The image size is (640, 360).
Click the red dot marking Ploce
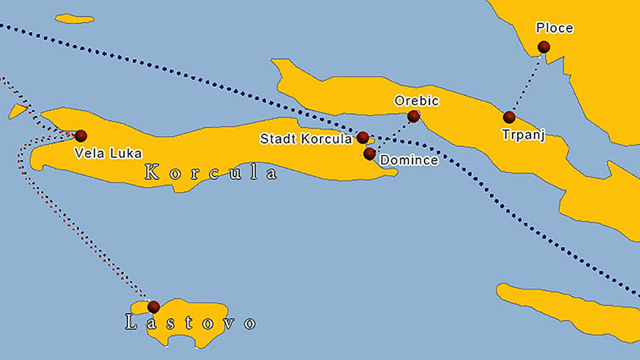coord(544,47)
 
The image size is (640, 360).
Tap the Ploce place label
coord(555,28)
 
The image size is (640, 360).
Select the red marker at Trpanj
coord(509,117)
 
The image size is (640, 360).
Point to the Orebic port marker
coord(413,116)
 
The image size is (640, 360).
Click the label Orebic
coord(417,101)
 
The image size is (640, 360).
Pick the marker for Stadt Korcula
coord(362,137)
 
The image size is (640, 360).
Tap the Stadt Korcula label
coord(306,139)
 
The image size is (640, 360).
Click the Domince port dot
coord(369,153)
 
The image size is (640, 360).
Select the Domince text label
coord(409,161)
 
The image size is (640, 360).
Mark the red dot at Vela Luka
coord(81,135)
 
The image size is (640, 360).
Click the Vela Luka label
coord(108,153)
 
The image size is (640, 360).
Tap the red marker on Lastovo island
coord(154,307)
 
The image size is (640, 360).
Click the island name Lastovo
coord(190,323)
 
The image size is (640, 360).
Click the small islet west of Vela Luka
coord(18,111)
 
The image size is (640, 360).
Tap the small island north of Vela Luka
coord(74,18)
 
